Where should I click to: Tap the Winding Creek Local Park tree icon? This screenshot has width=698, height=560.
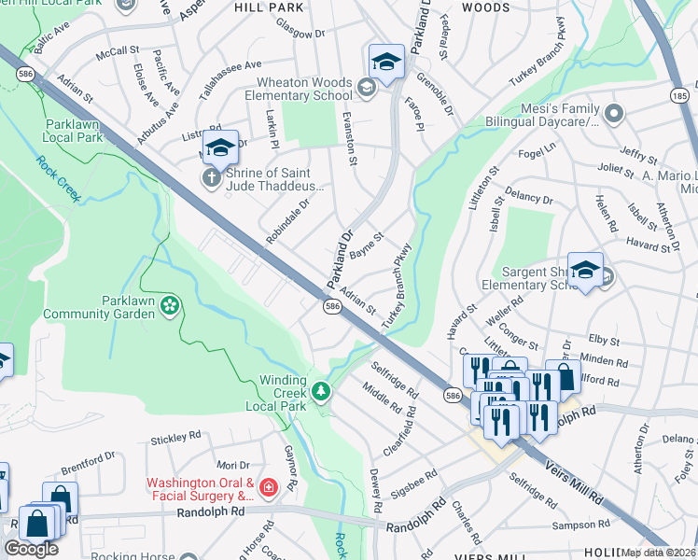point(321,390)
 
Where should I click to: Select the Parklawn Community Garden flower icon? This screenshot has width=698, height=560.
point(169,305)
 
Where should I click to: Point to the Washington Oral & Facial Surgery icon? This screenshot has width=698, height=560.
point(269,487)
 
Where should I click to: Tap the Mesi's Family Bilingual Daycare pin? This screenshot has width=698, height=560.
point(613,115)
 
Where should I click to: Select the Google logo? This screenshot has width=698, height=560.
point(31,549)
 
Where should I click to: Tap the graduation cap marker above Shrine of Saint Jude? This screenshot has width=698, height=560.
point(221,147)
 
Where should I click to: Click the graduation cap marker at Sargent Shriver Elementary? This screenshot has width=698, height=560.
point(584,270)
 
